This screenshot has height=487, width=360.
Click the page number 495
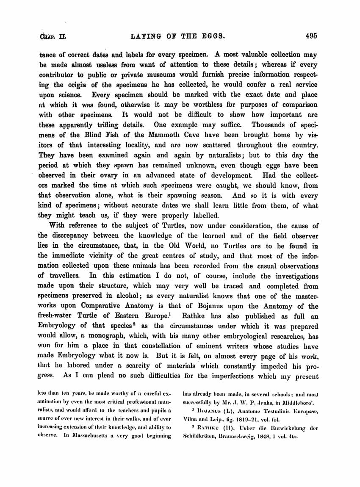[310, 36]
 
